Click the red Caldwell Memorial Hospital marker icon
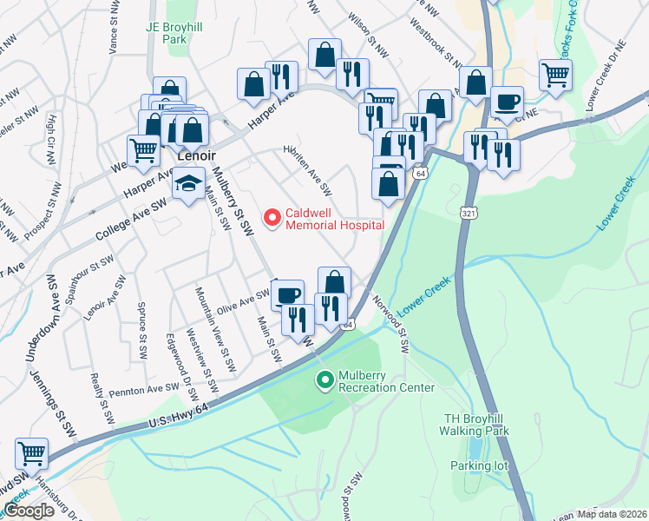pyautogui.click(x=272, y=217)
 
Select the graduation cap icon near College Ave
pyautogui.click(x=187, y=184)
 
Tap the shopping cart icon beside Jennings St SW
pyautogui.click(x=31, y=452)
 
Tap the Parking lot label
pyautogui.click(x=478, y=465)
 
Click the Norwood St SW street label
pyautogui.click(x=390, y=322)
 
